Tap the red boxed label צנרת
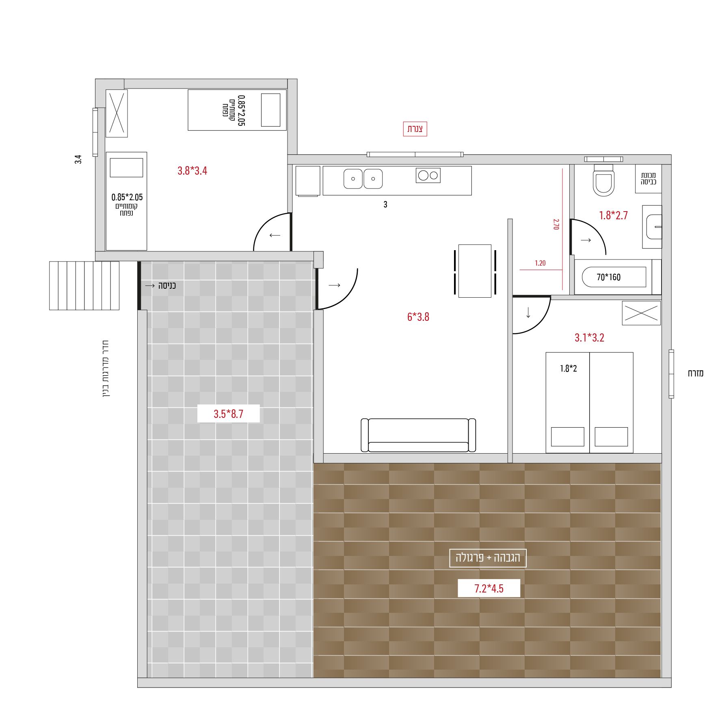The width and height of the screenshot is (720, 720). click(415, 129)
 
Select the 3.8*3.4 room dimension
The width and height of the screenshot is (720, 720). click(192, 171)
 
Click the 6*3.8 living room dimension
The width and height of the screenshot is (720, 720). click(418, 317)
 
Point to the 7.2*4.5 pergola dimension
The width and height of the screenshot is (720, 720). click(489, 588)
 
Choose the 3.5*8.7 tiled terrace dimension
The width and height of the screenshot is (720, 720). click(228, 414)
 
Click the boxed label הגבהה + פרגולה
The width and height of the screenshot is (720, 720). click(488, 558)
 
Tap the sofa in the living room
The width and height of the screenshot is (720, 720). click(418, 435)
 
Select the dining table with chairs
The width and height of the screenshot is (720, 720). click(475, 271)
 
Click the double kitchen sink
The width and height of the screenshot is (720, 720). click(363, 179)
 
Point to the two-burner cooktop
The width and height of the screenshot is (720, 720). click(428, 175)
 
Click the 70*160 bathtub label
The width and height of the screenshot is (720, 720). click(609, 277)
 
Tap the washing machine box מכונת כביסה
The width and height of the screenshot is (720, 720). click(649, 179)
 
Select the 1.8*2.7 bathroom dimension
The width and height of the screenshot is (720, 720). click(613, 215)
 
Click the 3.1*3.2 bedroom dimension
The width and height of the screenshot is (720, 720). click(589, 337)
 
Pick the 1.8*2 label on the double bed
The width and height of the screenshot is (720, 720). click(569, 368)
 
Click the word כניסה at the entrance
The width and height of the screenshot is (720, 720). click(167, 285)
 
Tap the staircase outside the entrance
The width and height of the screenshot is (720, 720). click(84, 285)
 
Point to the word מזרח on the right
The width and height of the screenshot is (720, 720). click(696, 373)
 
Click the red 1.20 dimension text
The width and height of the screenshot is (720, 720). click(540, 263)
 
